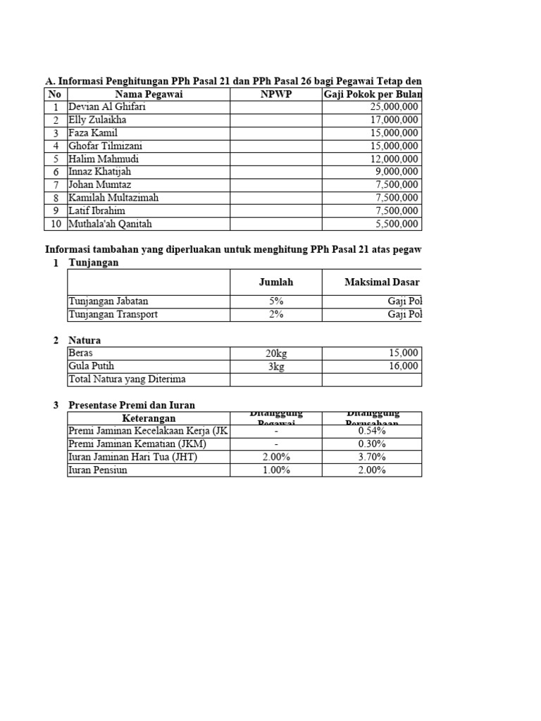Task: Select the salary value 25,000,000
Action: click(x=394, y=108)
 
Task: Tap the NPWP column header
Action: click(x=275, y=95)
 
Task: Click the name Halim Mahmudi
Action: click(x=104, y=159)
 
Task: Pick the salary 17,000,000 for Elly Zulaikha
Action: click(x=394, y=120)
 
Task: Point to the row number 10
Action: click(x=56, y=224)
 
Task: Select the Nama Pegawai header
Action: click(x=149, y=95)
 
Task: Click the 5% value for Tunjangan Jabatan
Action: click(x=275, y=301)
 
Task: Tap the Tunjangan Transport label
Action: click(x=113, y=315)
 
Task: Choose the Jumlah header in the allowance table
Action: click(x=275, y=282)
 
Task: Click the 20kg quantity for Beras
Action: click(x=275, y=353)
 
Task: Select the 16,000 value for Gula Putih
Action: click(x=403, y=366)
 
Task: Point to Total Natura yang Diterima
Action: click(x=127, y=380)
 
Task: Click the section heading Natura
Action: click(x=85, y=341)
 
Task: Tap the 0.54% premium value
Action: click(x=371, y=431)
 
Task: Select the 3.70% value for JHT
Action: click(x=371, y=457)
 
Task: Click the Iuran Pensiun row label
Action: click(x=98, y=470)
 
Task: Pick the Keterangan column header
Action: click(x=149, y=418)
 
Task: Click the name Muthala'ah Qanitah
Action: click(x=110, y=224)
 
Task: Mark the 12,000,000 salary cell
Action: click(x=394, y=159)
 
